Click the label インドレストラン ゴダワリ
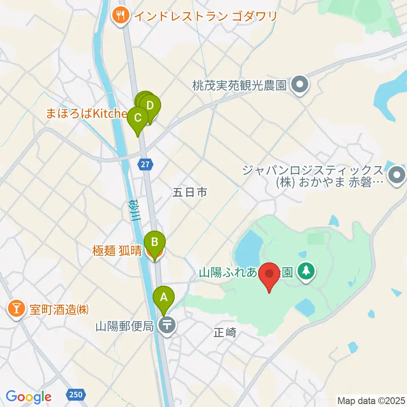[x=206, y=17]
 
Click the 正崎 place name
[x=225, y=333]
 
